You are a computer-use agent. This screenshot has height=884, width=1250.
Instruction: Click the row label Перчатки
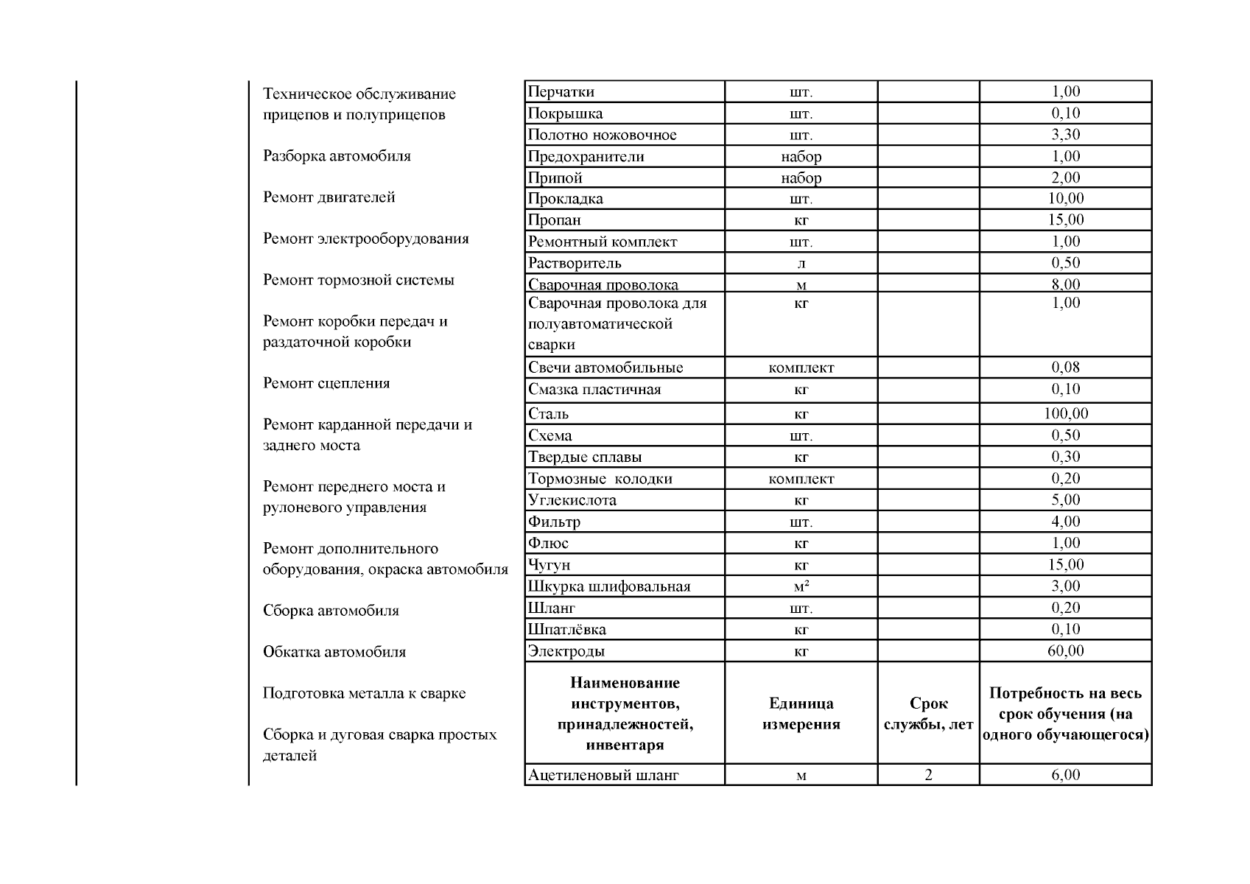point(561,92)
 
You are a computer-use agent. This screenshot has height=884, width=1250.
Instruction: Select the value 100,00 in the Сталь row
point(1065,414)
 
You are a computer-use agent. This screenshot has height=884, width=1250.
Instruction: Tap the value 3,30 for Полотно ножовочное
point(1065,135)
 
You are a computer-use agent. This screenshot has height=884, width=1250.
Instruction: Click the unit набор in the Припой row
point(801,178)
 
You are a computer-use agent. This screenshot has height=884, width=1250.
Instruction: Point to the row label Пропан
point(555,220)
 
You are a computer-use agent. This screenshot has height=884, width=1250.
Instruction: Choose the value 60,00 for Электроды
point(1065,651)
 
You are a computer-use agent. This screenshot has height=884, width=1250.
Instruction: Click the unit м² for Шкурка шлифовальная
point(801,587)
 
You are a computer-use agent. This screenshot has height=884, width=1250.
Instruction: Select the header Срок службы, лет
point(928,714)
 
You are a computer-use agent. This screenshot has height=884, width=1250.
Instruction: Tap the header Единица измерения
point(801,714)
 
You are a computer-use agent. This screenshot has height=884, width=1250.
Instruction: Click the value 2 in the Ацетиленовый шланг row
point(928,775)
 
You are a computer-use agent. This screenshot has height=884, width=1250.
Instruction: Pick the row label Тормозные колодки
point(600,479)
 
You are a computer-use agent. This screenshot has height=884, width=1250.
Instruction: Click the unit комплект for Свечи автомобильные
point(801,368)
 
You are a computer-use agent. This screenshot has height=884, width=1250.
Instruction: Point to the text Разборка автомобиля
point(337,156)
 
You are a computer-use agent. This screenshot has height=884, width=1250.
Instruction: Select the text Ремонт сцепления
point(326,383)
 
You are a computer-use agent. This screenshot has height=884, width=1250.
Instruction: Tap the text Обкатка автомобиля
point(334,652)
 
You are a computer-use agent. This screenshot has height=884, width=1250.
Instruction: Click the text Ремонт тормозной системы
point(359,280)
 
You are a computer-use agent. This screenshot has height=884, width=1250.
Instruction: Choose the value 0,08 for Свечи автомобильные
point(1065,368)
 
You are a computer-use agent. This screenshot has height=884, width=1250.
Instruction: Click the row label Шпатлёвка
point(567,630)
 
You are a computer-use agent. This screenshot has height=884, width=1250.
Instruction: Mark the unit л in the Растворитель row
point(801,264)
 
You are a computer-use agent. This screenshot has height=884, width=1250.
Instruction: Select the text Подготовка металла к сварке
point(365,693)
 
